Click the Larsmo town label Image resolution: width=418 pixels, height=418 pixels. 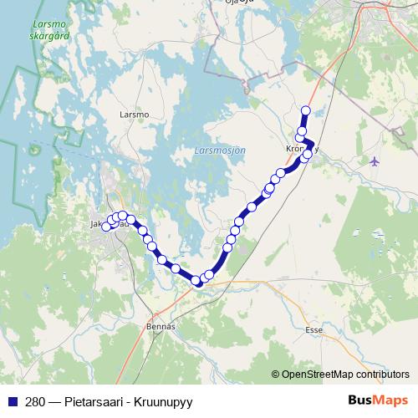(x=134, y=114)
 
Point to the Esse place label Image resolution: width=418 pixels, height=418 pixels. (x=314, y=330)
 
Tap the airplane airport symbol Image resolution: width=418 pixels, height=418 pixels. (x=374, y=161)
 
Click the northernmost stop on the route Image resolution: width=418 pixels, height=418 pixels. (x=305, y=110)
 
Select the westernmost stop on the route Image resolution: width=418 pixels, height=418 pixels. (x=105, y=227)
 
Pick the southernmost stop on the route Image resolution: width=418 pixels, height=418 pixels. (x=197, y=282)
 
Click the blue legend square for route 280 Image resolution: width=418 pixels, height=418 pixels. (x=12, y=401)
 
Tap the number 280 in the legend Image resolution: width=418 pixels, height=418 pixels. (x=34, y=401)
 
